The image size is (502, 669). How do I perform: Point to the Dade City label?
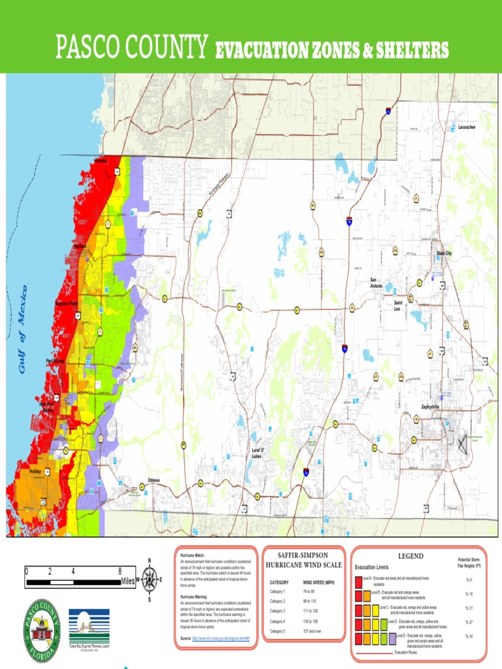click(x=444, y=253)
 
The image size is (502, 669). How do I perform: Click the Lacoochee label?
click(x=467, y=127)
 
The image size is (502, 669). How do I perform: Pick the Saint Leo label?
click(x=397, y=305)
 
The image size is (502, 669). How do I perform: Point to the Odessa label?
click(x=154, y=480)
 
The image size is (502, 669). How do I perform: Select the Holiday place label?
click(x=35, y=471)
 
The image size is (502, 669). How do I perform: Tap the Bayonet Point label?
click(x=67, y=304)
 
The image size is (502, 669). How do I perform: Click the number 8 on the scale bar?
click(x=120, y=571)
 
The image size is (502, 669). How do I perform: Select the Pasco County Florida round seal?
click(x=42, y=630)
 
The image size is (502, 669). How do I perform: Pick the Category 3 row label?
click(x=277, y=611)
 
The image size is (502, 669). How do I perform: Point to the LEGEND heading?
click(x=410, y=556)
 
